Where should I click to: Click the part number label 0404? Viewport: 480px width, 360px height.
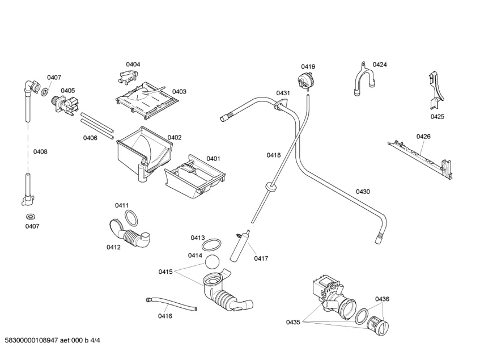click(133, 64)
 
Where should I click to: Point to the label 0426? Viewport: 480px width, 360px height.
click(423, 137)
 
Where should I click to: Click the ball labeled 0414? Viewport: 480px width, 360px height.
click(212, 262)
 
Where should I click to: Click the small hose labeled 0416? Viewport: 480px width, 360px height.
click(171, 304)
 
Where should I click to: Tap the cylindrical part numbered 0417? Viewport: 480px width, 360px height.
click(239, 246)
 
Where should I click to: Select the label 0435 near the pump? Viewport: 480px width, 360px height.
click(293, 322)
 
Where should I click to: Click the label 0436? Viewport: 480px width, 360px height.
click(382, 299)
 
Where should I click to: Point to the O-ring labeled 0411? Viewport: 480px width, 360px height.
click(131, 218)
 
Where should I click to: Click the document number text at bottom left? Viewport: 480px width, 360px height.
click(52, 340)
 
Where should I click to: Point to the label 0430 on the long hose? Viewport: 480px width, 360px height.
click(363, 192)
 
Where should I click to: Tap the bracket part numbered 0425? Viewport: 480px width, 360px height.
click(436, 91)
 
